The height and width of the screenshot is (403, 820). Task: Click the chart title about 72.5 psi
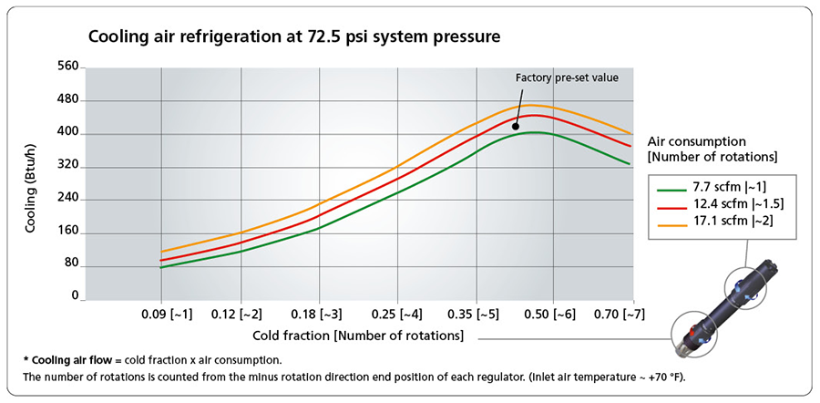[293, 38]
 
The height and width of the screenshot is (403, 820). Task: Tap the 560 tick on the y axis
[68, 67]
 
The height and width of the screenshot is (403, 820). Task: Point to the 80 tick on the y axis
[71, 264]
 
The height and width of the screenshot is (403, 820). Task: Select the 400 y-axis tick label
[68, 133]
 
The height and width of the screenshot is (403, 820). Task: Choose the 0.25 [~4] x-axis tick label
[397, 315]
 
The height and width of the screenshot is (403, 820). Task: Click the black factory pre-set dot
[516, 128]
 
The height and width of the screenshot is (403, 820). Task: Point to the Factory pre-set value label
[567, 77]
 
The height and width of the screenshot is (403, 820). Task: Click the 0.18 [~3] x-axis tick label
[319, 315]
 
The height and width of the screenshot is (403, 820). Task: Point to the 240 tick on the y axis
[68, 199]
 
